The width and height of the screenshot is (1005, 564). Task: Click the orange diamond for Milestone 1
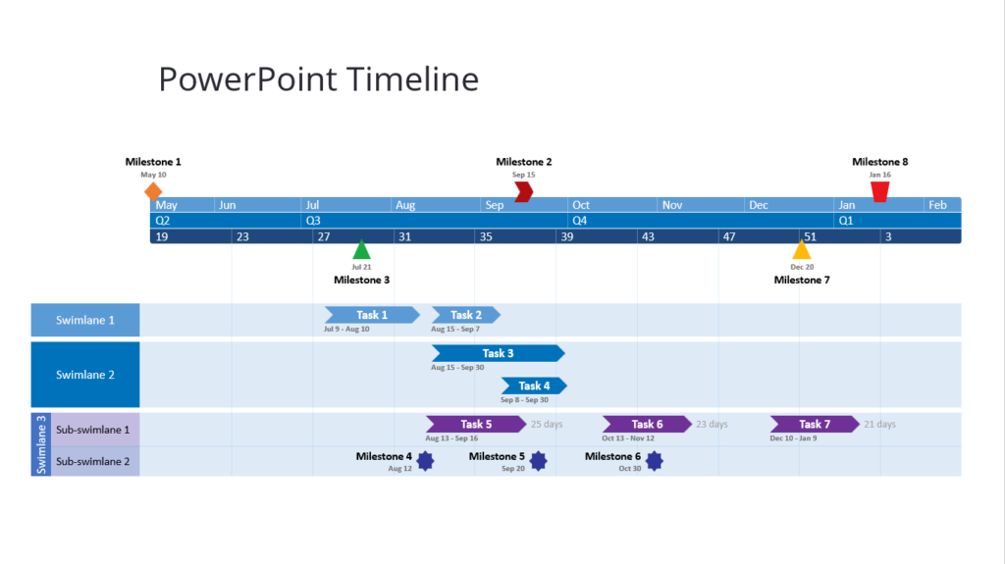pos(153,190)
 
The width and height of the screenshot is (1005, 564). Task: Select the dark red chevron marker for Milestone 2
pos(524,191)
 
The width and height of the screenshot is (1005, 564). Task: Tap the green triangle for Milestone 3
pos(362,250)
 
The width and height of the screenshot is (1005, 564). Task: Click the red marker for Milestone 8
pos(880,191)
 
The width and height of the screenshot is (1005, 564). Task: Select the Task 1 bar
pos(372,315)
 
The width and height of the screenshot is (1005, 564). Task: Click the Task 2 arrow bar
pos(466,315)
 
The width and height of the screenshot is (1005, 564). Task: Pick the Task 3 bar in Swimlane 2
pos(498,353)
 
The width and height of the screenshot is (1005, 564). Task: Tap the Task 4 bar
pos(534,385)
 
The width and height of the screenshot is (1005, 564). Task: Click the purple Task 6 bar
pos(646,424)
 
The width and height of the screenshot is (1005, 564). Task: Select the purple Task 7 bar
pos(814,424)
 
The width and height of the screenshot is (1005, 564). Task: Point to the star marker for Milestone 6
pos(654,461)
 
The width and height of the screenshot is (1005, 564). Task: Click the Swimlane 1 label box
pos(85,320)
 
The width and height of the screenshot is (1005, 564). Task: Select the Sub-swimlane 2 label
pos(93,461)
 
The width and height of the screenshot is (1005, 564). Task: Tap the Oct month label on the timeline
pos(582,205)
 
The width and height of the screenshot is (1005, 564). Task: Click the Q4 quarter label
pos(580,221)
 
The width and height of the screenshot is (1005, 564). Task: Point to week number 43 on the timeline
pos(648,236)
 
